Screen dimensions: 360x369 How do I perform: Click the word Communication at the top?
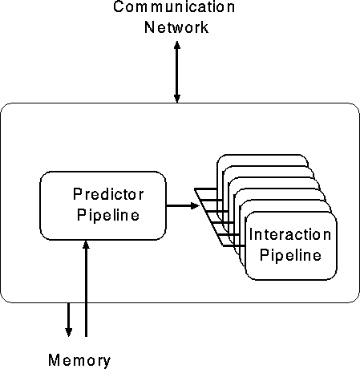point(174,6)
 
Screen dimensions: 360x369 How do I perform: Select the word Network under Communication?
point(176,27)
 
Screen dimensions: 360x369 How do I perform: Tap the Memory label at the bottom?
point(79,360)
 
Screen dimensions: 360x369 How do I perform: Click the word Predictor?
point(108,194)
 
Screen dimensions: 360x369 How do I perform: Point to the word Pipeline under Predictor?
point(108,215)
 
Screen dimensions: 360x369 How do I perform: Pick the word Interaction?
point(290,234)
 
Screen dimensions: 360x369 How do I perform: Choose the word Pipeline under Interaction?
point(290,254)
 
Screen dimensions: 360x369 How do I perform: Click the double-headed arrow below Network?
point(177,71)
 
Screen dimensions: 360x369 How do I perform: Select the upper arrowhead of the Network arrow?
point(177,44)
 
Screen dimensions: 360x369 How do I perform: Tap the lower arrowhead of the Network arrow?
point(177,99)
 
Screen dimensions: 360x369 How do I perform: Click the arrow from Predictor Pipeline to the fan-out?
point(183,205)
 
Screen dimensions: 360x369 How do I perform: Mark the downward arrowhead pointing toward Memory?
point(69,332)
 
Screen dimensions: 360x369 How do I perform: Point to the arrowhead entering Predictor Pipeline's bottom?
point(86,245)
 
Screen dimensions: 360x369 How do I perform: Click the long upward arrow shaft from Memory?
point(86,288)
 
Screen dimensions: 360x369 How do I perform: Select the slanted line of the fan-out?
point(209,217)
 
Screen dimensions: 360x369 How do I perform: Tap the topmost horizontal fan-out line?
point(206,189)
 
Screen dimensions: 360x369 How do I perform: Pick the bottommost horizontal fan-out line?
point(233,245)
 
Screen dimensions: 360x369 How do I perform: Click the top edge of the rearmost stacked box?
point(262,155)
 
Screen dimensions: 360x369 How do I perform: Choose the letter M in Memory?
point(54,360)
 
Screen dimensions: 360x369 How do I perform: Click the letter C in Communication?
point(119,6)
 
